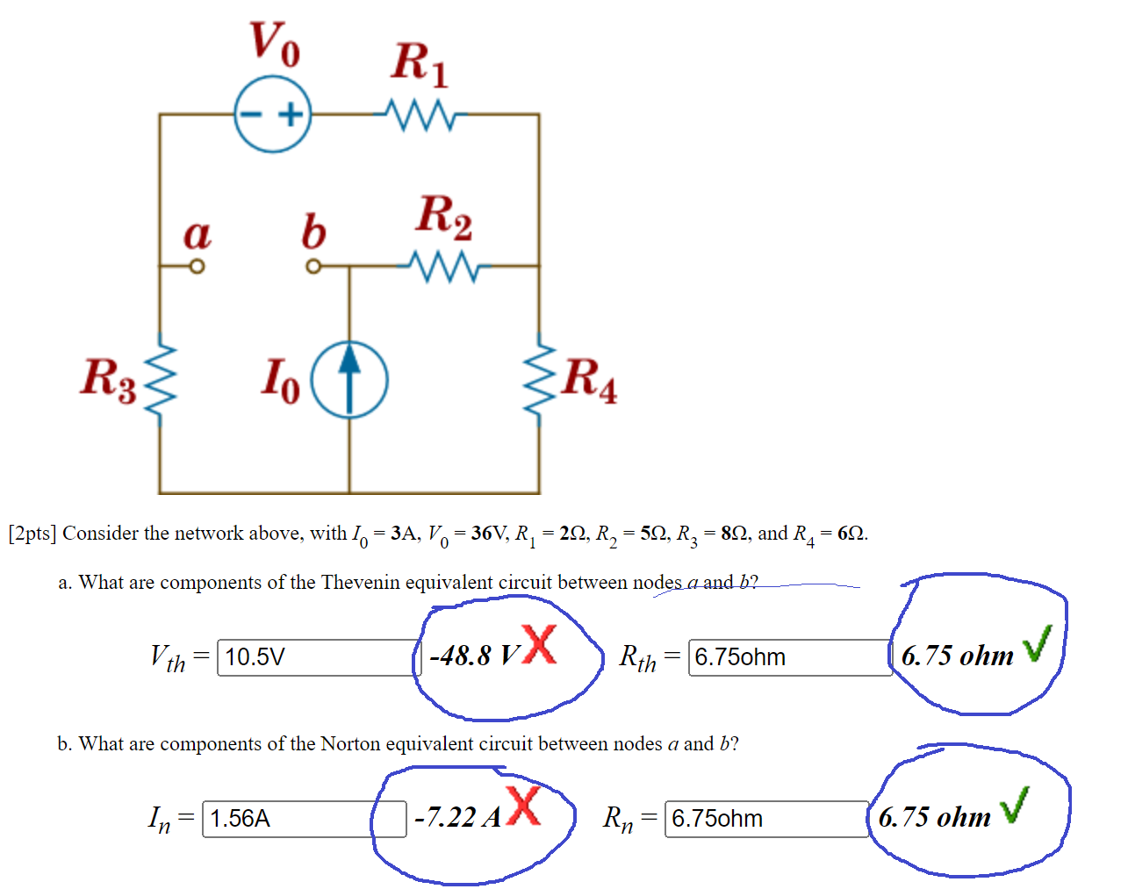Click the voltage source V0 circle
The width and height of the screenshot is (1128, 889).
(x=273, y=114)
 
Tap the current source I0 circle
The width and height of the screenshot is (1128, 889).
(x=350, y=379)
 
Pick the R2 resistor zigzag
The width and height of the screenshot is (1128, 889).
(x=443, y=265)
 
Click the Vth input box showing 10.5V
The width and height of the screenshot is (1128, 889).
(x=318, y=657)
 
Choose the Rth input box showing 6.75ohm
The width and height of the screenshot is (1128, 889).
(x=789, y=657)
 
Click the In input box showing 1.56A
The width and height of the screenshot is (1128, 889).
(x=303, y=819)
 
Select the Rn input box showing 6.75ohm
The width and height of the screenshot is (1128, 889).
(x=765, y=819)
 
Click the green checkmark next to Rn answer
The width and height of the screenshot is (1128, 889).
(x=1014, y=805)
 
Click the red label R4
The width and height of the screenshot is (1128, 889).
(x=589, y=379)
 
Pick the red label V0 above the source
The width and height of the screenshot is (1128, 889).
(x=274, y=42)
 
